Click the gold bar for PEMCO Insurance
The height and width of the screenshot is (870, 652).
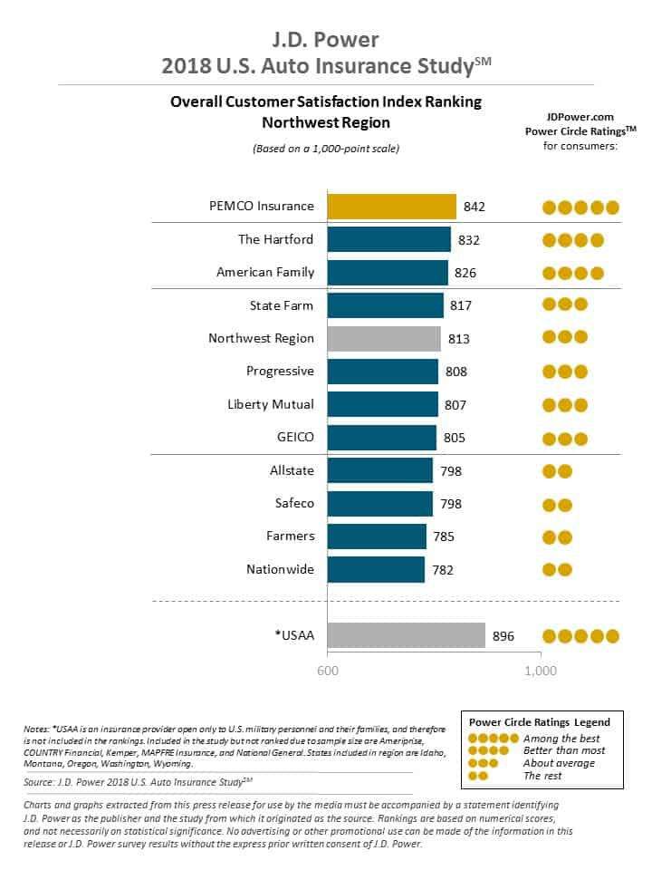tap(391, 206)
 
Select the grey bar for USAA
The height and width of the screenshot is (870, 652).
tap(406, 635)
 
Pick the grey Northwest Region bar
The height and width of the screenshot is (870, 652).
tap(384, 338)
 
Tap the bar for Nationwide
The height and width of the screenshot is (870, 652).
tap(376, 569)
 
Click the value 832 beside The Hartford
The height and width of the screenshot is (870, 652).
tap(469, 239)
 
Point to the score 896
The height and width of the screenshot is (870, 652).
tap(503, 636)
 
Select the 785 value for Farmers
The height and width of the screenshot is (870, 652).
tap(444, 536)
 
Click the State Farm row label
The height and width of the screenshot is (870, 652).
tap(282, 305)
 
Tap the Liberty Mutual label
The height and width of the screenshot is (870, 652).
tap(271, 404)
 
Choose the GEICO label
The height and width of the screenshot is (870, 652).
tap(295, 437)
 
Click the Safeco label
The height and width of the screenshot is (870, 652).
tap(294, 503)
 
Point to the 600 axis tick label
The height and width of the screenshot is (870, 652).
tap(327, 672)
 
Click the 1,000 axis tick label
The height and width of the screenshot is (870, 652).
tap(541, 672)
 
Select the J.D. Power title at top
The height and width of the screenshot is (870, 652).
tap(325, 40)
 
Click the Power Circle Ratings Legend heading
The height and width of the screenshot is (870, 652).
tap(539, 722)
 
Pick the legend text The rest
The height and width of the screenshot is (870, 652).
tap(542, 775)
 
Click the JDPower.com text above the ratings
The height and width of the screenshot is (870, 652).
tap(580, 116)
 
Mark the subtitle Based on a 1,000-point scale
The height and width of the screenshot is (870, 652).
tap(326, 148)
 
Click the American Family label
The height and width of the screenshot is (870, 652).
tap(265, 272)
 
